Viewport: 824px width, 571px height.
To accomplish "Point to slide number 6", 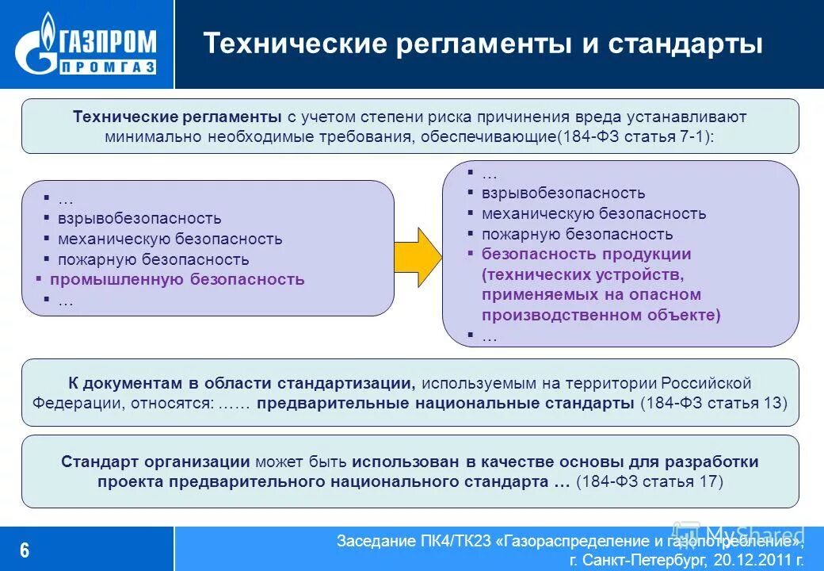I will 25,550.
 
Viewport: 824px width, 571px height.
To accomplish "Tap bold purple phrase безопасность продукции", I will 586,255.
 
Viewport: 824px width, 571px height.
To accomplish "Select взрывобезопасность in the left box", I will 139,218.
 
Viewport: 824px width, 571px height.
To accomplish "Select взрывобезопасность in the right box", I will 563,193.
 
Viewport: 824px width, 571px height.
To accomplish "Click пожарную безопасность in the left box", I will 153,259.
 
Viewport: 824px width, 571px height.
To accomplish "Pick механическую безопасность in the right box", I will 593,213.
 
